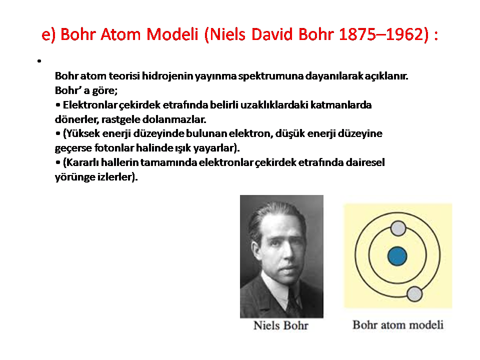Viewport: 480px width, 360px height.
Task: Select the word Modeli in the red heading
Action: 172,34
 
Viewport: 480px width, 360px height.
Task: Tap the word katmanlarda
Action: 341,105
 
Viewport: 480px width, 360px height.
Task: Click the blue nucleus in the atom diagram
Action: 397,256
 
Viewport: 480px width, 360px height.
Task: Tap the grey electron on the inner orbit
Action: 398,228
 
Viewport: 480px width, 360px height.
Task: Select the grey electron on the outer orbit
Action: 414,294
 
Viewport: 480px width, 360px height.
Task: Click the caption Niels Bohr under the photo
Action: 281,325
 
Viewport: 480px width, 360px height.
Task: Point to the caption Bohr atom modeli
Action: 398,325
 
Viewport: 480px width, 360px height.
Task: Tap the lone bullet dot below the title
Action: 39,61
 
